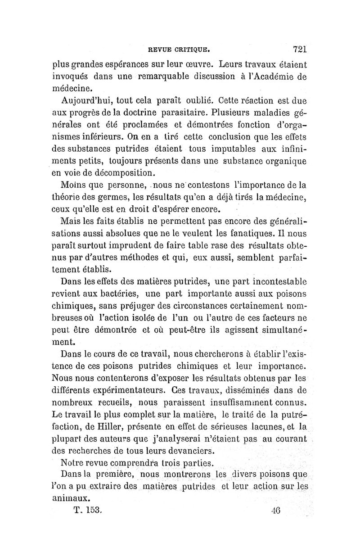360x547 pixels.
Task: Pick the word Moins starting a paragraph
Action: [74, 185]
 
